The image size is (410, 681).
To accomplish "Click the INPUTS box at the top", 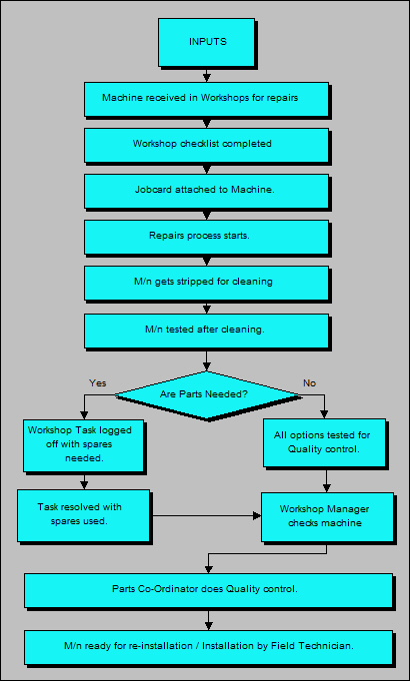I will pyautogui.click(x=206, y=43).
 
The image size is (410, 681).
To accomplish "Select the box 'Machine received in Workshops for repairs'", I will pyautogui.click(x=206, y=99).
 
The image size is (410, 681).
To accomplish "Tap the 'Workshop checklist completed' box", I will pyautogui.click(x=206, y=144).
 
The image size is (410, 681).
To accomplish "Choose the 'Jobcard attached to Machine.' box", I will pyautogui.click(x=206, y=190).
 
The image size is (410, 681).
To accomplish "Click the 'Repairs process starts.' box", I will pyautogui.click(x=206, y=237).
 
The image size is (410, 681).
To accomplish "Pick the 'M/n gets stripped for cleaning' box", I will pyautogui.click(x=206, y=283).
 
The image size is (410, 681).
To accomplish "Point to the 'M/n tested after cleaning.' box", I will pyautogui.click(x=206, y=329).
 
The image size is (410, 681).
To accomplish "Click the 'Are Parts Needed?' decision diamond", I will pyautogui.click(x=208, y=394).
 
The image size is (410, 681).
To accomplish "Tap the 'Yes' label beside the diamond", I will pyautogui.click(x=98, y=381).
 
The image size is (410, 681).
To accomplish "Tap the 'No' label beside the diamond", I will pyautogui.click(x=310, y=381).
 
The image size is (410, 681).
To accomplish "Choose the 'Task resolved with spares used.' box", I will pyautogui.click(x=83, y=515).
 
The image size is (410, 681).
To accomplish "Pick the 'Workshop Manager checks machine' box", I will pyautogui.click(x=323, y=515).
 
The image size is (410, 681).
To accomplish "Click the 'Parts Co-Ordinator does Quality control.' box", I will pyautogui.click(x=206, y=589).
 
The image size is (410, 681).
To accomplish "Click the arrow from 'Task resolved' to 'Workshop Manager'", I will pyautogui.click(x=205, y=516).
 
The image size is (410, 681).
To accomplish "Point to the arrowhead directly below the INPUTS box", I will pyautogui.click(x=206, y=76).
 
